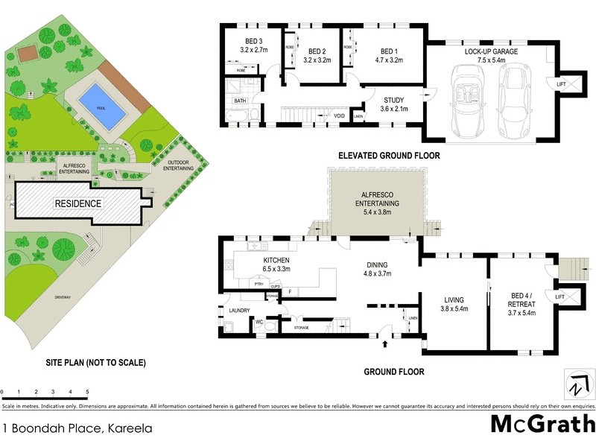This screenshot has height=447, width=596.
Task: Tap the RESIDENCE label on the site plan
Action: click(77, 203)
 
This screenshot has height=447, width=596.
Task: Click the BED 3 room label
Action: click(254, 41)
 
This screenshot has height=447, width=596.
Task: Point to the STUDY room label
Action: click(394, 100)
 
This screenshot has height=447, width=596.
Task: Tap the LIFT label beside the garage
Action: click(560, 84)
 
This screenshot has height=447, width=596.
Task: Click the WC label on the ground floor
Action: click(260, 322)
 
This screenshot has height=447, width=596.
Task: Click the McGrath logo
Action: click(542, 425)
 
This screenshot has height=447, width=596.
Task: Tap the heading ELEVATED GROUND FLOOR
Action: click(388, 156)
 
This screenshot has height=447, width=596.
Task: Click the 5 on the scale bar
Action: click(87, 391)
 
